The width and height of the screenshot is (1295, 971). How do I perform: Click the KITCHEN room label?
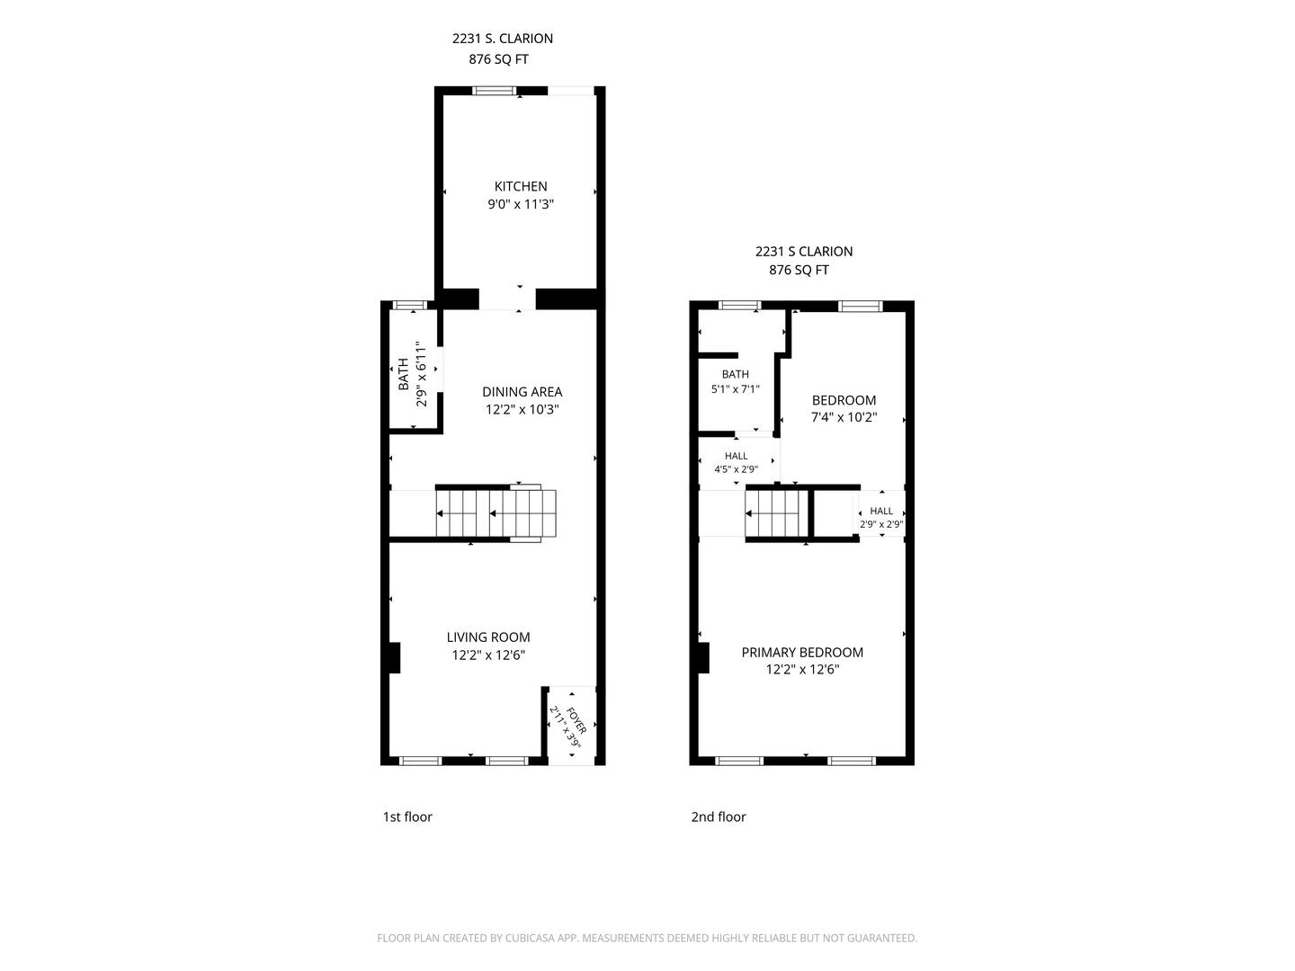[521, 186]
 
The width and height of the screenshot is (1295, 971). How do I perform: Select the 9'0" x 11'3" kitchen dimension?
[521, 205]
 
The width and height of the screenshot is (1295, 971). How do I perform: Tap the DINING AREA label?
[522, 391]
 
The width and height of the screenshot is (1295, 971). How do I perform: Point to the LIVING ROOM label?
[488, 637]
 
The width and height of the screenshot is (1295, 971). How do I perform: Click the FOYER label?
[576, 720]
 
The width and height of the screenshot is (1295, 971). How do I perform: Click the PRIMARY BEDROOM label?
[802, 652]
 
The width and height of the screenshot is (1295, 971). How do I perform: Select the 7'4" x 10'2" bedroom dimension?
[844, 417]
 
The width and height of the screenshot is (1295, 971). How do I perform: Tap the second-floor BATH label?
[735, 374]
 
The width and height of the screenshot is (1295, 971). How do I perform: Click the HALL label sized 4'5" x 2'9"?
[736, 456]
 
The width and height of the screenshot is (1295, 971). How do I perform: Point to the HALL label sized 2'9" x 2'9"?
[880, 511]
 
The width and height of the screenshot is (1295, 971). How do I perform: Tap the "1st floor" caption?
[407, 816]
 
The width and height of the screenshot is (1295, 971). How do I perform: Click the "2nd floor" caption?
[718, 816]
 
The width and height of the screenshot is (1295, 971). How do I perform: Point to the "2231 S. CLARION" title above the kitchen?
[502, 39]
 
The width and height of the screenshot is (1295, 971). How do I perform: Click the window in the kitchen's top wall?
[494, 91]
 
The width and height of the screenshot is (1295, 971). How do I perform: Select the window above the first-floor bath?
[410, 305]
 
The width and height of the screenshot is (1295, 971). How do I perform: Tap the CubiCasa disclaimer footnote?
[647, 938]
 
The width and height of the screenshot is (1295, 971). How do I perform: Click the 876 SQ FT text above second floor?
[799, 270]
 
